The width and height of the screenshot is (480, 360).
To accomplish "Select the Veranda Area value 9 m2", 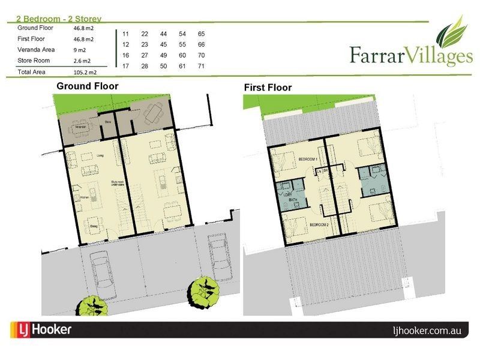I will pyautogui.click(x=80, y=50).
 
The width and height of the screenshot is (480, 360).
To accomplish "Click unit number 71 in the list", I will pyautogui.click(x=201, y=65).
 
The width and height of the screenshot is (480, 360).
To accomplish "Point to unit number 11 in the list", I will pyautogui.click(x=125, y=34).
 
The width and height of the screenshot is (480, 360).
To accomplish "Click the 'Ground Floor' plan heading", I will pyautogui.click(x=87, y=86).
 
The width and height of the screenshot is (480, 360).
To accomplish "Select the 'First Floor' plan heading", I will pyautogui.click(x=268, y=88).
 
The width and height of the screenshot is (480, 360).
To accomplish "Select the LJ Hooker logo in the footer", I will pyautogui.click(x=42, y=329).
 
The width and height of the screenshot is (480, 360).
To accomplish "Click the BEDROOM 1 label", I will pyautogui.click(x=308, y=158).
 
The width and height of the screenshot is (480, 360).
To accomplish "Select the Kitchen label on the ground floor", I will pyautogui.click(x=85, y=197).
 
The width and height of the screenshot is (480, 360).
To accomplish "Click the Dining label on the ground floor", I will pyautogui.click(x=94, y=226).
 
